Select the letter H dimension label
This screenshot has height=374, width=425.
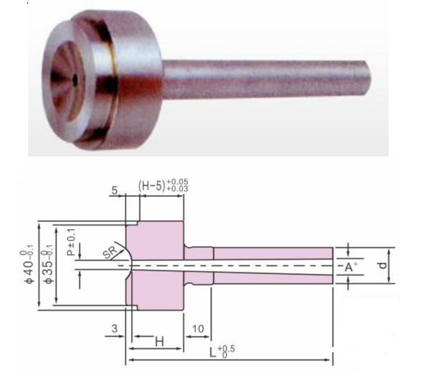click(x=159, y=341)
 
